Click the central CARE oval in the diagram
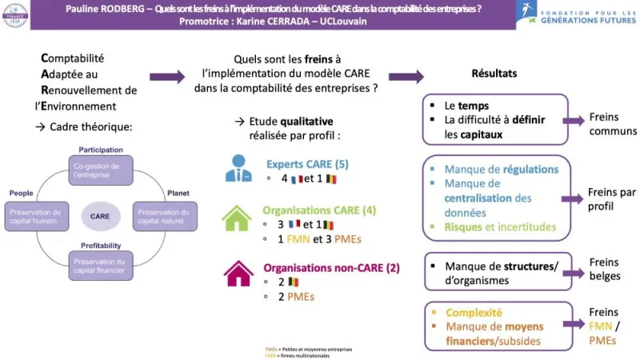(x=101, y=216)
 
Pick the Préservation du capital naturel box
(x=164, y=216)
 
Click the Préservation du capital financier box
(x=101, y=265)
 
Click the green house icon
(x=238, y=218)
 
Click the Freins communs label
(x=612, y=124)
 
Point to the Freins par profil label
(x=611, y=198)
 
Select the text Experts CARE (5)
(x=307, y=164)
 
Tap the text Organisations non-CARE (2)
(x=330, y=267)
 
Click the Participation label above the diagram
(x=101, y=150)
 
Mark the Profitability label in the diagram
(x=101, y=245)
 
